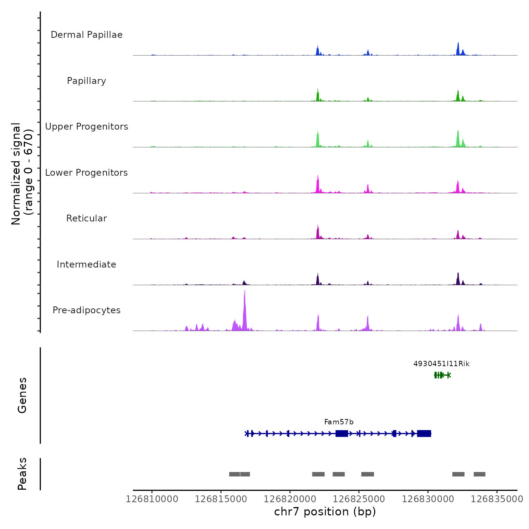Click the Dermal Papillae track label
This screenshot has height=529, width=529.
(87, 35)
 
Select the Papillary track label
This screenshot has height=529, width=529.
(87, 81)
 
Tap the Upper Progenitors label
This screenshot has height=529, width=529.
(87, 127)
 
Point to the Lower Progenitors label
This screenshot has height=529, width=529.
(87, 173)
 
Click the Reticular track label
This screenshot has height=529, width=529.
(87, 218)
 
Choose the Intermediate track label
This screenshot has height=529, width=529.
(87, 264)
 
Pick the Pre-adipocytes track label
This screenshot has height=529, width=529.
(87, 310)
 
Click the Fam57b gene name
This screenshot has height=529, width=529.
(339, 422)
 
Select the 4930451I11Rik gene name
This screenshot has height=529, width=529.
(441, 364)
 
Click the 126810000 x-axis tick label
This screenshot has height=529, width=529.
(152, 499)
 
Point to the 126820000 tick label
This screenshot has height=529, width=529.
(290, 499)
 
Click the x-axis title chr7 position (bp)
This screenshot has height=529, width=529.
(325, 512)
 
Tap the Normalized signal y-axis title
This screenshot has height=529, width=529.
(22, 174)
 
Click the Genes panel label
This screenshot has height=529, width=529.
(22, 395)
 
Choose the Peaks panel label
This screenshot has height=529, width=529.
(22, 474)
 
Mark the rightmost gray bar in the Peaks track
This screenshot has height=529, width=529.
(480, 474)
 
